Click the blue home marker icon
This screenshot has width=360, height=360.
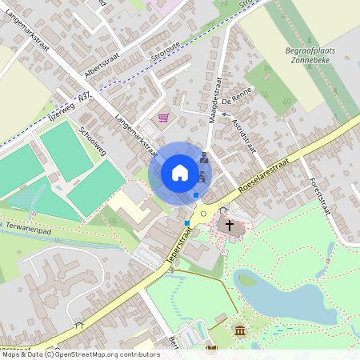[x=180, y=172]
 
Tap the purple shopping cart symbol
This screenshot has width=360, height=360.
[x=164, y=118]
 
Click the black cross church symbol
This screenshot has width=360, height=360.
[x=230, y=226]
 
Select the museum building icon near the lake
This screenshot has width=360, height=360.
[x=240, y=330]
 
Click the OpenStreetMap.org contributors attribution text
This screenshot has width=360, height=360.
[x=104, y=354]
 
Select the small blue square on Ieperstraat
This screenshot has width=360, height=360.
[x=187, y=222]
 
